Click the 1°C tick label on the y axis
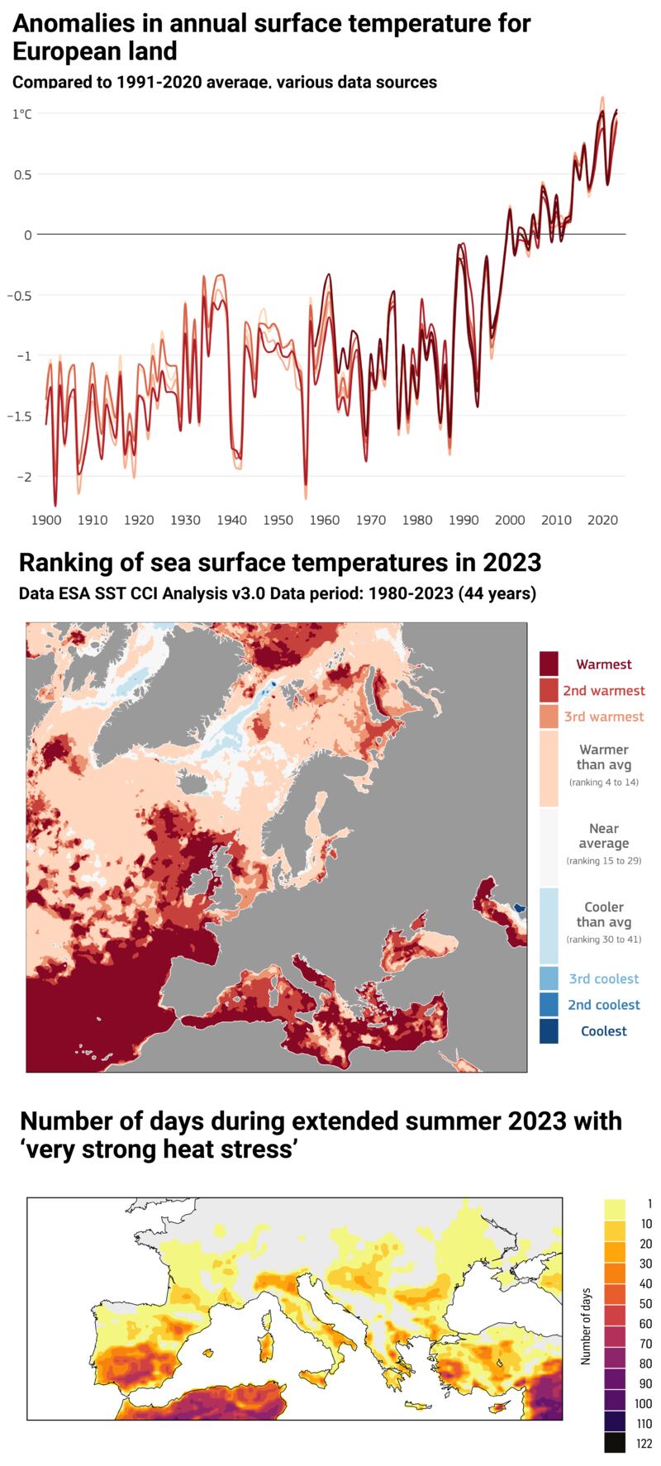pos(21,114)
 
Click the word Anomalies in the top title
pos(74,23)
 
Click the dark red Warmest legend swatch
pos(549,664)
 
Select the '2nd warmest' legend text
pos(604,690)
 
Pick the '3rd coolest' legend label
pos(604,978)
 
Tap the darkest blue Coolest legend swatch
pos(549,1030)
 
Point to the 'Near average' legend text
pos(604,835)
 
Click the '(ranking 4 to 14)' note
pos(604,782)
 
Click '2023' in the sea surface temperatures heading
pos(511,563)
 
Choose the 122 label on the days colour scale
pos(644,1444)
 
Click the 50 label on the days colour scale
pos(645,1304)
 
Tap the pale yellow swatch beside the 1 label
pos(614,1207)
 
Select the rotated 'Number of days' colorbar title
pos(586,1326)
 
